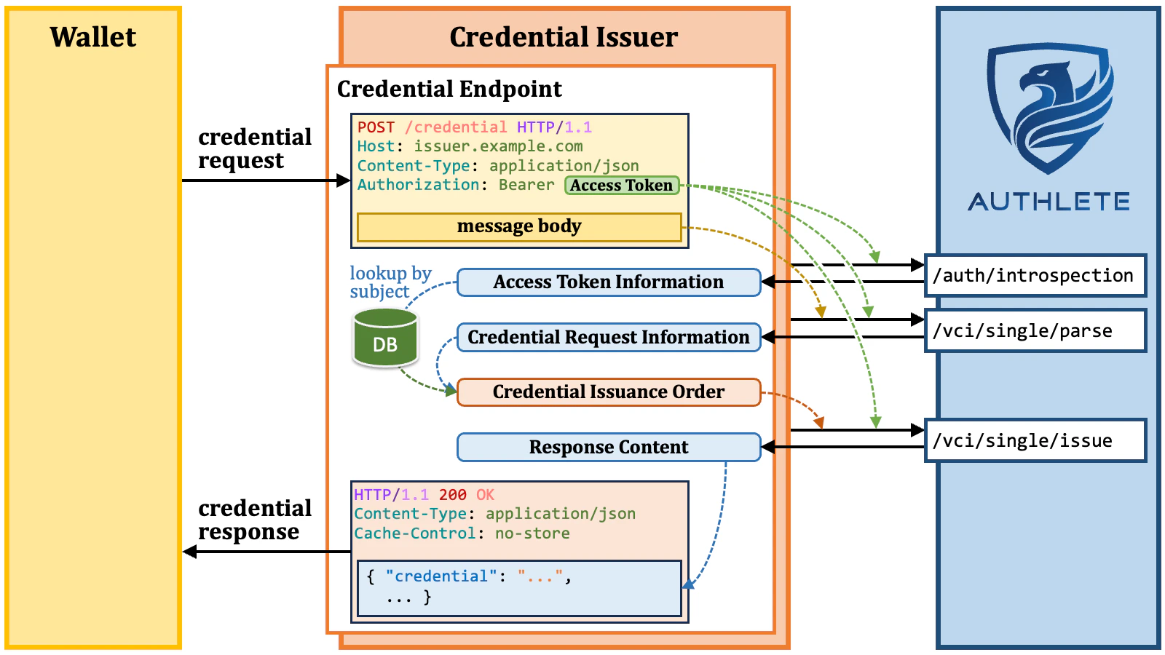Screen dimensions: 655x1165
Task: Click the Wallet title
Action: tap(92, 37)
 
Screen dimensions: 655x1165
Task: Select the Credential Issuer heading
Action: tap(563, 37)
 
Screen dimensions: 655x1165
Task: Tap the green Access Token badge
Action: tap(621, 186)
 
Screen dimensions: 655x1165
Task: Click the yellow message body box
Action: tap(519, 226)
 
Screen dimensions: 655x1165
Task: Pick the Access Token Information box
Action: tap(608, 282)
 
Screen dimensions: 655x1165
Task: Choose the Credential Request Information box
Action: tap(608, 337)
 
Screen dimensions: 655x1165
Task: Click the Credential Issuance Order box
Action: tap(608, 392)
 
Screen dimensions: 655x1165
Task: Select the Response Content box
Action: tap(608, 447)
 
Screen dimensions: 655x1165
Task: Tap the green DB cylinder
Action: tap(385, 338)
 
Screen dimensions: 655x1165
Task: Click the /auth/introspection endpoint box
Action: tap(1034, 275)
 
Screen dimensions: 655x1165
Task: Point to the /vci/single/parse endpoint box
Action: tap(1034, 330)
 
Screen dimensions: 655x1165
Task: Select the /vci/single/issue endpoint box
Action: tap(1034, 440)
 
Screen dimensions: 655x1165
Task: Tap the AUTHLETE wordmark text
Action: tap(1048, 202)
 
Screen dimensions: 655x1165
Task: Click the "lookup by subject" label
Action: tap(390, 282)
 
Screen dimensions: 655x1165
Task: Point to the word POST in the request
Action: tap(376, 127)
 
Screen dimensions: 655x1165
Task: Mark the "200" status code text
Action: tap(452, 495)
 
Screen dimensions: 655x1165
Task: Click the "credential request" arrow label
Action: tap(254, 148)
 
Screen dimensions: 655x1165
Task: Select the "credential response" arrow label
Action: tap(254, 520)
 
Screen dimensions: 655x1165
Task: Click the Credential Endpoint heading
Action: tap(449, 89)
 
